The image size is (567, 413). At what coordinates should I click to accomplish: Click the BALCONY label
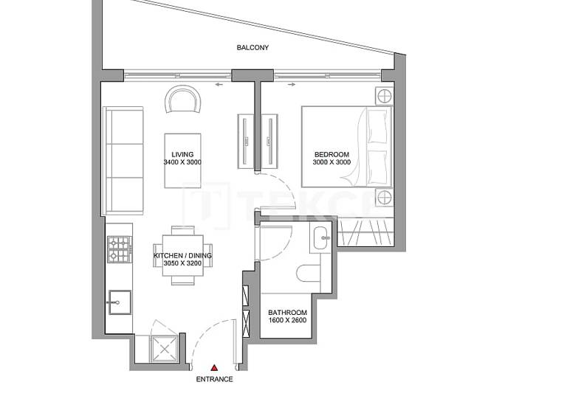(x=252, y=48)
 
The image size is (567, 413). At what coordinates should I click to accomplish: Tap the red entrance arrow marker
(x=214, y=367)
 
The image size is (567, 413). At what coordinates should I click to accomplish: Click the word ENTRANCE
(x=214, y=379)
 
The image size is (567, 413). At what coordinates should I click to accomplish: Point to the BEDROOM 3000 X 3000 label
(x=331, y=159)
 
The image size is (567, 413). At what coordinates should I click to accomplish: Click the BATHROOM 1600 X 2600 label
(x=287, y=316)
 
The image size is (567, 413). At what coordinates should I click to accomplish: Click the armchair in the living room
(x=182, y=100)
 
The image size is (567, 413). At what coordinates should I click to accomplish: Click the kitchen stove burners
(x=117, y=250)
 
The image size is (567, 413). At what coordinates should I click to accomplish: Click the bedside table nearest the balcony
(x=383, y=94)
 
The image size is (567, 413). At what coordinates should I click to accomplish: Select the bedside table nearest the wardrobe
(x=383, y=197)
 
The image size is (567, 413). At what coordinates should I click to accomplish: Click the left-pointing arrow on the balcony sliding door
(x=219, y=85)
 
